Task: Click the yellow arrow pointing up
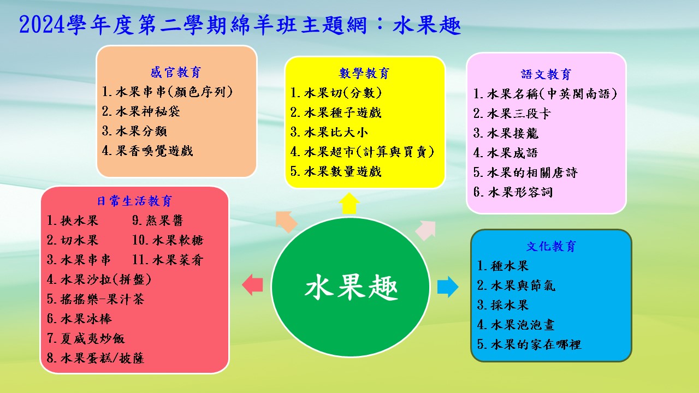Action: coord(349,204)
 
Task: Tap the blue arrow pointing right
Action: coord(448,287)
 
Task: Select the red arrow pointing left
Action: coord(252,285)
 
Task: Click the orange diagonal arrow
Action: coord(286,222)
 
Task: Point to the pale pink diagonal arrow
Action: coord(425,230)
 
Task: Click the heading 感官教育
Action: coord(176,73)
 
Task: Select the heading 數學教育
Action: coord(364,73)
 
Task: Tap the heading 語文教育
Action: coord(546,74)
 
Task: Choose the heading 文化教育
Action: coord(551,246)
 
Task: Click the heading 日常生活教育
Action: coord(134,201)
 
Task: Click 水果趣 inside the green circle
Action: coord(351,287)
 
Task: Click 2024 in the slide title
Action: coord(42,25)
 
